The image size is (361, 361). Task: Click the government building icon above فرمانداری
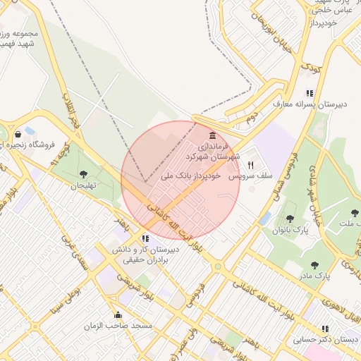click(x=213, y=135)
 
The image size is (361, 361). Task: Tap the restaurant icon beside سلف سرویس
click(x=250, y=164)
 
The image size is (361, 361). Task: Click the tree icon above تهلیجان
click(x=84, y=173)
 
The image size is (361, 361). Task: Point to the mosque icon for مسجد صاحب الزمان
click(x=118, y=315)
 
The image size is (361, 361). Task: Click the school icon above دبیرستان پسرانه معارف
click(x=310, y=93)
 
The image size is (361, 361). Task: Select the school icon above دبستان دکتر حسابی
click(x=325, y=329)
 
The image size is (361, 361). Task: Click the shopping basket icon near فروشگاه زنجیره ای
click(x=30, y=131)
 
